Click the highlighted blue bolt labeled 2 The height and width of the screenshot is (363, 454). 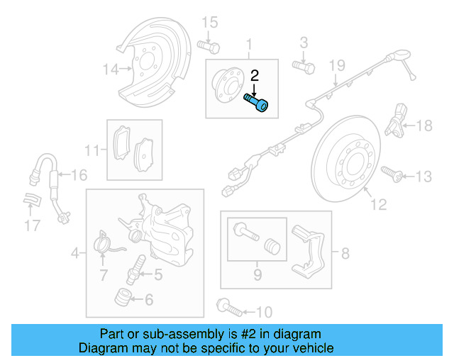[x=256, y=103]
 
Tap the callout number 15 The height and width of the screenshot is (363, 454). [x=209, y=23]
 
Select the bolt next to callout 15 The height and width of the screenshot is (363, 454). [x=209, y=47]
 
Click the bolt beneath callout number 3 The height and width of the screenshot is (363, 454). [x=303, y=68]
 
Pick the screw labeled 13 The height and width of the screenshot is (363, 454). [x=390, y=172]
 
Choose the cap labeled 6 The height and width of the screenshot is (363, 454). [x=125, y=298]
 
